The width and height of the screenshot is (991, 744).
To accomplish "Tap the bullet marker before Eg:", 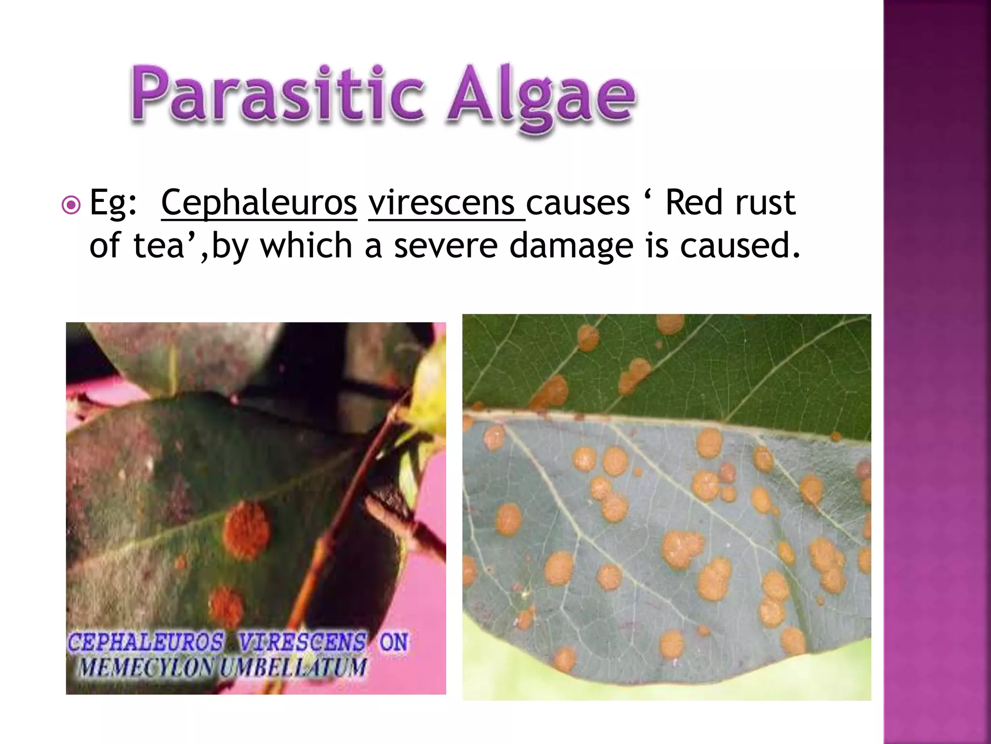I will pyautogui.click(x=72, y=206).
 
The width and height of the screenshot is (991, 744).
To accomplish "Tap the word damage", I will pyautogui.click(x=571, y=246).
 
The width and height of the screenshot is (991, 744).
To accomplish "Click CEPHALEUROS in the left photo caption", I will pyautogui.click(x=145, y=642).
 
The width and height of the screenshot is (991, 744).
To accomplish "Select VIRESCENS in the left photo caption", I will pyautogui.click(x=302, y=642).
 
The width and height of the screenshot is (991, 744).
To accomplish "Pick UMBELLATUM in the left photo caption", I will pyautogui.click(x=292, y=667).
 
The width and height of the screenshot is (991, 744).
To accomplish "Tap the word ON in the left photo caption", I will pyautogui.click(x=393, y=642).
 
